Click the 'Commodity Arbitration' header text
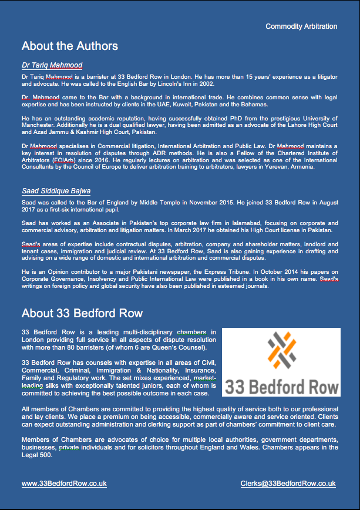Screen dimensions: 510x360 (x=301, y=26)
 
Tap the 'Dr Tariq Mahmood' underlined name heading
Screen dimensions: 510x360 (x=52, y=65)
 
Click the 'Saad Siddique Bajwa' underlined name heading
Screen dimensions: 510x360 (x=56, y=191)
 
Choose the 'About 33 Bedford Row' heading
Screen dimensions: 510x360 (x=82, y=313)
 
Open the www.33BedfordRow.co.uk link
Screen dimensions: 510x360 (x=64, y=484)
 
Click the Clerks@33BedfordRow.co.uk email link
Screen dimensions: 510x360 (x=288, y=484)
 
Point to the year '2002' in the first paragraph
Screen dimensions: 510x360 (x=204, y=84)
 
